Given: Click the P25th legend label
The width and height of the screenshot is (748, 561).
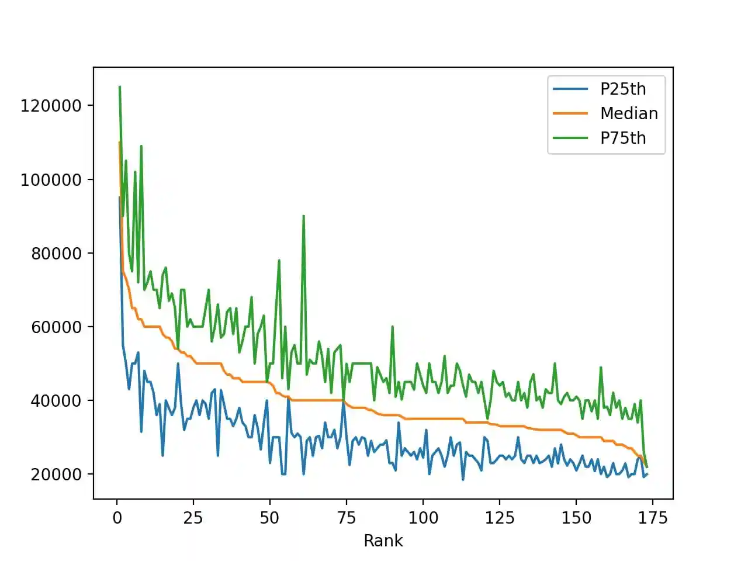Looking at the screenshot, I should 623,89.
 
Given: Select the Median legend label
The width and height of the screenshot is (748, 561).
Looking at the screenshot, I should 629,113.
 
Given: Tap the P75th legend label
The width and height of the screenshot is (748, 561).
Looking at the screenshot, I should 623,138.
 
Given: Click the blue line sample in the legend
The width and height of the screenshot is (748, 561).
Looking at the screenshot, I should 570,89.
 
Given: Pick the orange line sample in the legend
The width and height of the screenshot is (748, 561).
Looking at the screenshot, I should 570,113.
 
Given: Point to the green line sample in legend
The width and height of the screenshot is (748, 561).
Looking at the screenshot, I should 570,138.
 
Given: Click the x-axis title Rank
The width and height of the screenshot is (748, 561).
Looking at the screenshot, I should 383,541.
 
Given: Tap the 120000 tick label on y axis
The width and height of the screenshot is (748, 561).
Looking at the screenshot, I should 51,106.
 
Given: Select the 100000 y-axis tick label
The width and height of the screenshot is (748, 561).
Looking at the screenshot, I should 51,179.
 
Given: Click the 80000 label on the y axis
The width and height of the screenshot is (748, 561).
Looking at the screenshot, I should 56,253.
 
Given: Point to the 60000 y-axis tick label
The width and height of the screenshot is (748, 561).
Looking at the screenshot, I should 56,327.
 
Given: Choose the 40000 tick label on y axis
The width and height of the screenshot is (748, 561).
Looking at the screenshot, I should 56,400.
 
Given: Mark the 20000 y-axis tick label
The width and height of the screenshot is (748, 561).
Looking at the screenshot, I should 56,474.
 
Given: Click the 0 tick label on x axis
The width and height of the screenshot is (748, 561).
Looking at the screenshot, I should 117,518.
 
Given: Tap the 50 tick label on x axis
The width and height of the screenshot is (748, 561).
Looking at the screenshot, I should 269,518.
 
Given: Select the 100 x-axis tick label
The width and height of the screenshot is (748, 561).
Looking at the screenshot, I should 423,518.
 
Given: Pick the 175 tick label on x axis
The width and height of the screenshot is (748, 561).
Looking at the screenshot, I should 652,518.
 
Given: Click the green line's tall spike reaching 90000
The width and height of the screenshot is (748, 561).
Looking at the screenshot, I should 303,216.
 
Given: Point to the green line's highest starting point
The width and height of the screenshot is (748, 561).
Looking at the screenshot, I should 120,87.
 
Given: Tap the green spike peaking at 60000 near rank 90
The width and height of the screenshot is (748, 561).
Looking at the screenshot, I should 392,327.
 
